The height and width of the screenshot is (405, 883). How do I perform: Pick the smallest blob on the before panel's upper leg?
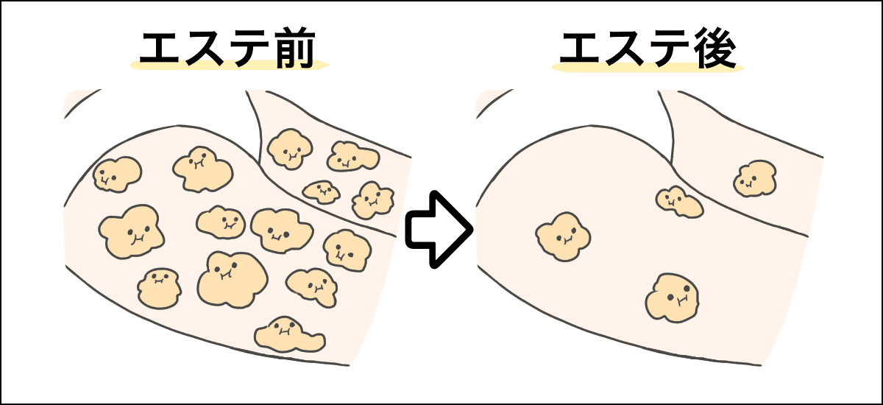322,191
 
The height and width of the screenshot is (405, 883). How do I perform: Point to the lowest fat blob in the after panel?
673,297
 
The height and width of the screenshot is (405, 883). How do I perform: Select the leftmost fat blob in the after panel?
563,236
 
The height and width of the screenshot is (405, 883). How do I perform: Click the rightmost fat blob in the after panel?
755,178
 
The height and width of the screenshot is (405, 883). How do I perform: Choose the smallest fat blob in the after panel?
679,201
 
